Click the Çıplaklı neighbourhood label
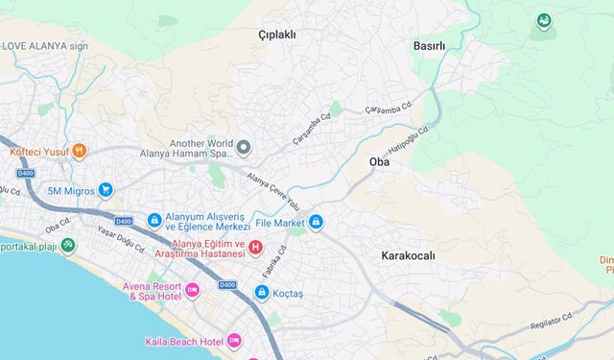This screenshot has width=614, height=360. (278, 35)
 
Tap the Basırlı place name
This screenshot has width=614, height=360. (429, 45)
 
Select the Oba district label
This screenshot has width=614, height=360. (379, 162)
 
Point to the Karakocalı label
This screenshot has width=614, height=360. (408, 255)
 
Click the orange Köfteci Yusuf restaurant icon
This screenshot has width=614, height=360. (79, 151)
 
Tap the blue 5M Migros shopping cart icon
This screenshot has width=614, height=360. (106, 190)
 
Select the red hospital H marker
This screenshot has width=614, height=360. (255, 249)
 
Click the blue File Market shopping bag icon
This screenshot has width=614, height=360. (316, 223)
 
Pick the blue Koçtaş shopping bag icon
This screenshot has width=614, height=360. (261, 292)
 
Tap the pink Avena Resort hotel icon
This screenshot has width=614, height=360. (192, 290)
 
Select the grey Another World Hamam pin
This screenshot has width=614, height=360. (244, 148)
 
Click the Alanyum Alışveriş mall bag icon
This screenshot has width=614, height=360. (153, 221)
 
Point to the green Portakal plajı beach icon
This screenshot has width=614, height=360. (67, 246)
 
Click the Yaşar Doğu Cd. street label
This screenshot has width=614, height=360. (121, 239)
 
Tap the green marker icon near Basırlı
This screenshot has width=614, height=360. (544, 19)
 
